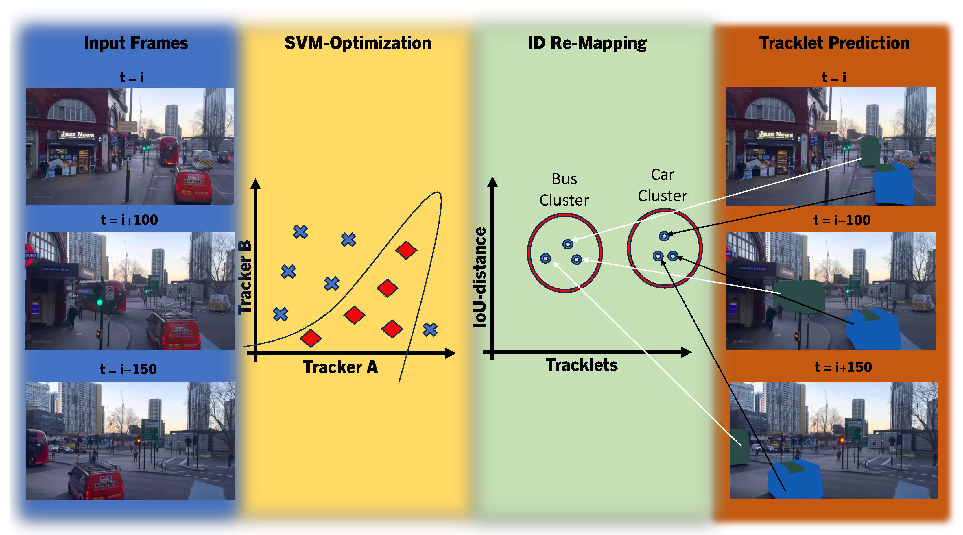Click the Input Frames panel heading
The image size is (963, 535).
coord(136,43)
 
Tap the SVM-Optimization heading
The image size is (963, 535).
coord(358,43)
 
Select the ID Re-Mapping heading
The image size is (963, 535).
coord(587,43)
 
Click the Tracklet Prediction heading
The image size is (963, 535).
coord(834,43)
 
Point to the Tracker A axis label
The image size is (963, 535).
coord(340,367)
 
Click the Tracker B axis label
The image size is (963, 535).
coord(245,277)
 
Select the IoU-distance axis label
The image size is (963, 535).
coord(480,277)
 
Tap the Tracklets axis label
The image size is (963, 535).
coord(581,365)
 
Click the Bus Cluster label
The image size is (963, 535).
coord(564,189)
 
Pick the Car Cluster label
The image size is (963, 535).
coord(663,185)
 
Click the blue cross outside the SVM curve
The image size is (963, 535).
coord(430,329)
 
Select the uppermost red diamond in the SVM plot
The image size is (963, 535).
coord(406,250)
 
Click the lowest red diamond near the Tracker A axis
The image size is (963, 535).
coord(310,338)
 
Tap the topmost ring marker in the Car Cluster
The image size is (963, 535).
coord(664,236)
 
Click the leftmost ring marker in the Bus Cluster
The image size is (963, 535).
coord(545,258)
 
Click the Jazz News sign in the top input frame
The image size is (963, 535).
coord(78,134)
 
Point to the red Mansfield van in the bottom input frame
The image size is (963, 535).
coord(97,481)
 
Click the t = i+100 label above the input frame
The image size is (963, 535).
coord(129,220)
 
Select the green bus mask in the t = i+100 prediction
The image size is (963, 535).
coord(800,295)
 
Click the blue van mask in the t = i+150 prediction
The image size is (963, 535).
coord(794,480)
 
